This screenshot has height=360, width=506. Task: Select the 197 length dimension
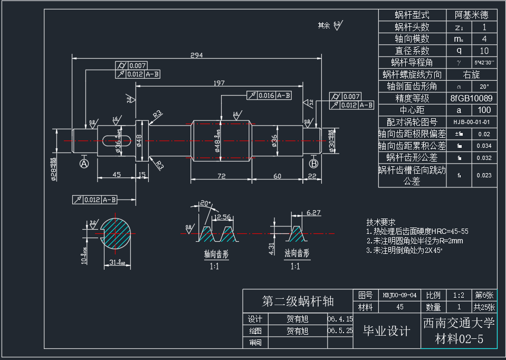219,83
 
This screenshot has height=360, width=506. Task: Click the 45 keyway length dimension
117,175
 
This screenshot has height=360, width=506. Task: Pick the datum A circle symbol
83,164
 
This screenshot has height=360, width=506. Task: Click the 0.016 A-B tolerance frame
269,95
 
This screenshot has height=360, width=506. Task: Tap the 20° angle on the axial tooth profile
205,203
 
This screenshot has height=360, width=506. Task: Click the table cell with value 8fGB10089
472,98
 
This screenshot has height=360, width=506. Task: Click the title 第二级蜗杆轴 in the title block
298,301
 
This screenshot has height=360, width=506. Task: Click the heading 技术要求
381,223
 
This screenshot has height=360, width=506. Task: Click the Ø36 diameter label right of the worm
274,141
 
